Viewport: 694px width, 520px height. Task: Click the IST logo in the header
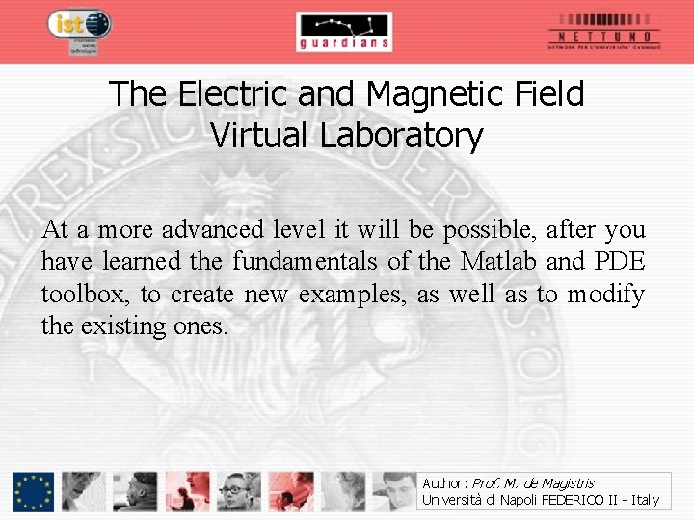point(80,27)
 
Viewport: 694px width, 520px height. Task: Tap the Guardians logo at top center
point(344,32)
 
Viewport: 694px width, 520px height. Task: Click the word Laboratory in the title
point(401,136)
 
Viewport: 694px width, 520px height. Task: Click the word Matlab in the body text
point(499,262)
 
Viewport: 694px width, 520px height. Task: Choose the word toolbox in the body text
point(85,294)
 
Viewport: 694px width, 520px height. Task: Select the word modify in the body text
point(606,294)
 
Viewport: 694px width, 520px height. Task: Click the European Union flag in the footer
point(34,491)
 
